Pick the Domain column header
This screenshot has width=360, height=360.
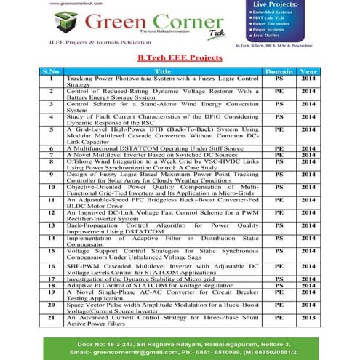(279, 71)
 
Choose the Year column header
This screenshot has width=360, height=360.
(308, 71)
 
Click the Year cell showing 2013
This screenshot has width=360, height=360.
(308, 318)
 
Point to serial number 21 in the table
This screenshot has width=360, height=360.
(51, 318)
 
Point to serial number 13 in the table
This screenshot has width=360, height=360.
(51, 225)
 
